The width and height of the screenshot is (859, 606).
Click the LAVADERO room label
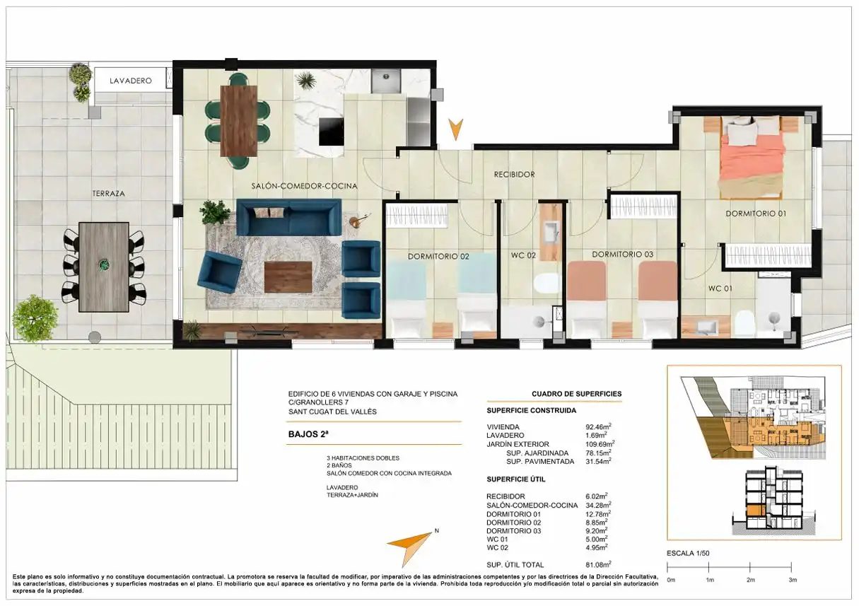[x=130, y=81]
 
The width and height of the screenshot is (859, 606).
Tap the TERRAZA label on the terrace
[x=109, y=194]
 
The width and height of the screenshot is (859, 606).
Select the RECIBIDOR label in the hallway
[x=514, y=175]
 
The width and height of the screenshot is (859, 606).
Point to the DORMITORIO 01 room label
[x=756, y=214]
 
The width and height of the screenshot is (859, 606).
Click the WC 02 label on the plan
[x=523, y=255]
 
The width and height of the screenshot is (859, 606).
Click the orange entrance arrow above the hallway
[x=455, y=129]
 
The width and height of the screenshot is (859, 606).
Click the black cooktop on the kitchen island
[x=332, y=132]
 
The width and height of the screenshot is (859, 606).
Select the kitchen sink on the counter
[x=385, y=81]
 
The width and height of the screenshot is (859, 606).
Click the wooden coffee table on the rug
[x=288, y=277]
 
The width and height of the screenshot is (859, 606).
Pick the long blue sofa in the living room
[x=288, y=217]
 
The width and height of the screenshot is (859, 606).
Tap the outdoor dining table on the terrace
[x=103, y=267]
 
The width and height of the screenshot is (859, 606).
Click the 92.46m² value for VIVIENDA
[x=598, y=426]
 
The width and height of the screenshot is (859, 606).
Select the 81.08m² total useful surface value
[x=598, y=564]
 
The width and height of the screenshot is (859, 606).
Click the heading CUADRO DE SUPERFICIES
[x=576, y=394]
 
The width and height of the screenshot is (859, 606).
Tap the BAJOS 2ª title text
[x=308, y=434]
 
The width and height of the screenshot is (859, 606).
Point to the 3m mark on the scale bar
[x=792, y=566]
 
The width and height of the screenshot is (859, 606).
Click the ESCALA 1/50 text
[x=688, y=553]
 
